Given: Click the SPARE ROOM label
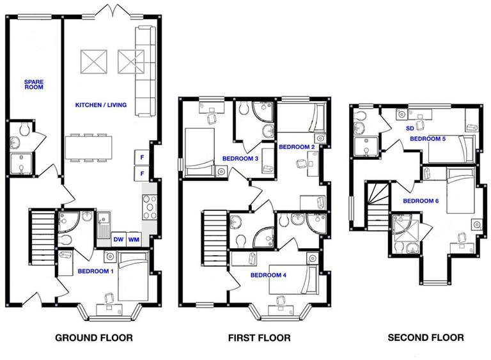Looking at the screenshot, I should point(33,85).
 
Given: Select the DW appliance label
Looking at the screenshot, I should point(118,240).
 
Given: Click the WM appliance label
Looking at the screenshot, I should point(134,240).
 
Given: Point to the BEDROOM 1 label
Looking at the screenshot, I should point(95,271).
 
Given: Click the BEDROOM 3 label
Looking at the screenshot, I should point(240,159).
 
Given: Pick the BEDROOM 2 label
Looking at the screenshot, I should point(297,147).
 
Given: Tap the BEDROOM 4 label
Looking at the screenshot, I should point(268,276).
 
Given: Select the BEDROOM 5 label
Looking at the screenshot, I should point(428,138).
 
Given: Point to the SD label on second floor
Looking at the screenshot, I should point(410,129).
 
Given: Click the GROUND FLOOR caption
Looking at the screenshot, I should point(94,338).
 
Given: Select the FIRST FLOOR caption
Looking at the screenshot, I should point(259,338).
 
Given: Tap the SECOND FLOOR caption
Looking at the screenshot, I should point(425,338).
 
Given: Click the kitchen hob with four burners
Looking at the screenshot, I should point(148,207).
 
